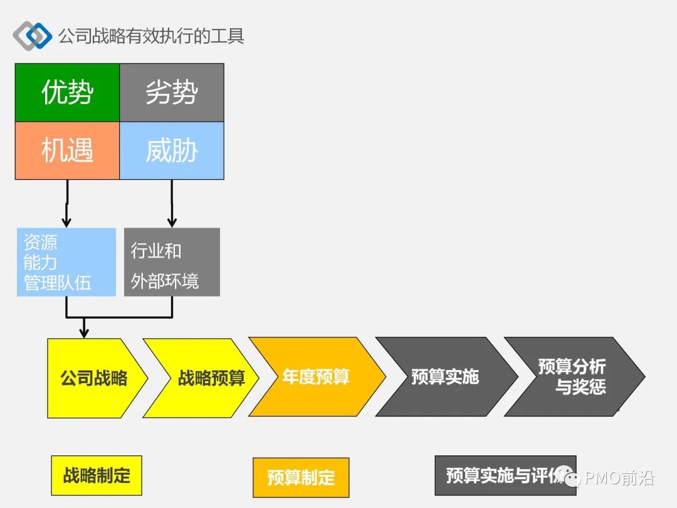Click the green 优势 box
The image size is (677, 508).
(67, 92)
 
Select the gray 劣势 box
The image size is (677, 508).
(172, 92)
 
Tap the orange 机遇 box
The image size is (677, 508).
(67, 151)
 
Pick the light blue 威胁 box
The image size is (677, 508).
(172, 151)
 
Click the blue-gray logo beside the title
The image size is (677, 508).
(32, 35)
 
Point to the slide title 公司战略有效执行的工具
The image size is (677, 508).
(151, 35)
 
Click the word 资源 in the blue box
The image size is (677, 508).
(40, 242)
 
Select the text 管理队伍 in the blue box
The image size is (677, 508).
(57, 282)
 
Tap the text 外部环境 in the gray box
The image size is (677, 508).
(165, 280)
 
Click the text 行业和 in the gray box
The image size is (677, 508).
(156, 251)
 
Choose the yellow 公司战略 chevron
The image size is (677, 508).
(94, 378)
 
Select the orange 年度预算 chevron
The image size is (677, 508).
(315, 377)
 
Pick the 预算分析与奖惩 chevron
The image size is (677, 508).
(572, 376)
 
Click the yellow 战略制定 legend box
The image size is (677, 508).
(97, 475)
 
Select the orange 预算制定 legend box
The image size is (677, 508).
(301, 478)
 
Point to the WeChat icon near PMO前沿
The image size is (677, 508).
(571, 479)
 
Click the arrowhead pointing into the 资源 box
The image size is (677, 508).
(66, 222)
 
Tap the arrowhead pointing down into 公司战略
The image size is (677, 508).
(84, 332)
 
